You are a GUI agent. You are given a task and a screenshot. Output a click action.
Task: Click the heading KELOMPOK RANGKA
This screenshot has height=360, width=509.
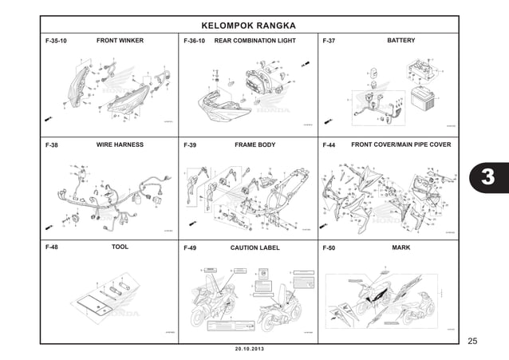(x=250, y=24)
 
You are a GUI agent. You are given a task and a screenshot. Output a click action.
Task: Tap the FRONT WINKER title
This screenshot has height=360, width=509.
(x=120, y=40)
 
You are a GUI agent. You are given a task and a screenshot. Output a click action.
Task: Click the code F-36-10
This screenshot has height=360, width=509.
(x=195, y=41)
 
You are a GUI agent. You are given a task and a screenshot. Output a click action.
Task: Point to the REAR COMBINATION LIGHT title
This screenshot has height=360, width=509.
(x=255, y=40)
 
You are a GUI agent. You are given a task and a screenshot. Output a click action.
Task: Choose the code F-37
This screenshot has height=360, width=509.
(x=329, y=41)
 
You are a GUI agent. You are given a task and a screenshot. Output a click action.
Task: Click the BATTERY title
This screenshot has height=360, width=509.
(x=400, y=40)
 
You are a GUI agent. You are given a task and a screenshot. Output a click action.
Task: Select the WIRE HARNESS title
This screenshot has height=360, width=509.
(x=120, y=145)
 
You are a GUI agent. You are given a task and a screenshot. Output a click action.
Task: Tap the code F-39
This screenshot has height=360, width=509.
(x=190, y=146)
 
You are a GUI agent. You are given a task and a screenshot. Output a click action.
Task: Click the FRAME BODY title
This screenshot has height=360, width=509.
(x=255, y=145)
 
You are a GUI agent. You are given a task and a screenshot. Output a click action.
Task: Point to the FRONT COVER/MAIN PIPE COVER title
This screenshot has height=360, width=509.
(x=401, y=145)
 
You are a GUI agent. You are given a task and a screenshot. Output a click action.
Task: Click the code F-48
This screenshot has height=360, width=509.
(x=52, y=248)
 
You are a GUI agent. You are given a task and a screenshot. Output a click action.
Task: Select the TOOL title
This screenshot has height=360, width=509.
(x=120, y=247)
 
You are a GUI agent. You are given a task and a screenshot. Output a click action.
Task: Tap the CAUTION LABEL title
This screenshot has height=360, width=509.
(x=255, y=247)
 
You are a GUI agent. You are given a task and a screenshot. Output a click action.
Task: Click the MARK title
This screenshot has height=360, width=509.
(x=401, y=247)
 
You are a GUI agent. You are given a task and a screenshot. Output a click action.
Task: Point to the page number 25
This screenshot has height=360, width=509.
(x=472, y=342)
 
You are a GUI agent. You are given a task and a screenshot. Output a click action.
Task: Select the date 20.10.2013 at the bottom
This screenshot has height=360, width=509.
(x=250, y=350)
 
